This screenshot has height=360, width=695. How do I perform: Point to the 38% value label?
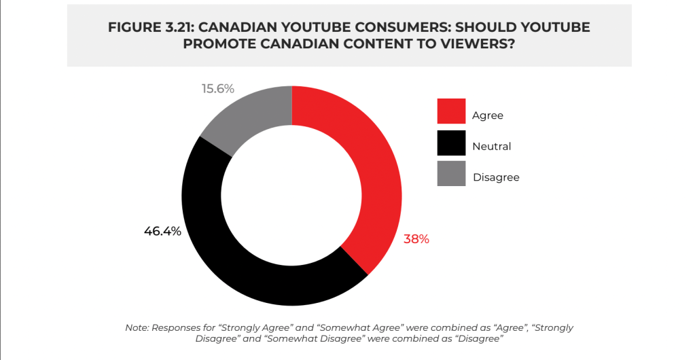416,239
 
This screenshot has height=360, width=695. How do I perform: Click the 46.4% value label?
162,231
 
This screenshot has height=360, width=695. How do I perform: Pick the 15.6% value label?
217,88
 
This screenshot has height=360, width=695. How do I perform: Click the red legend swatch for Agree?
451,111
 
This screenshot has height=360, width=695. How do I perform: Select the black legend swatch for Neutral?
451,143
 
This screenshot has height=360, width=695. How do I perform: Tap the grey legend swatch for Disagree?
451,174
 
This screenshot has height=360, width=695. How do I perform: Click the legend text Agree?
488,115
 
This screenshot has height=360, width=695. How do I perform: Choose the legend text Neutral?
492,146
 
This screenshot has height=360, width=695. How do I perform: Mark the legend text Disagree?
496,177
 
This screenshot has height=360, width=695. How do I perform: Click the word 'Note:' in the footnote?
138,327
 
